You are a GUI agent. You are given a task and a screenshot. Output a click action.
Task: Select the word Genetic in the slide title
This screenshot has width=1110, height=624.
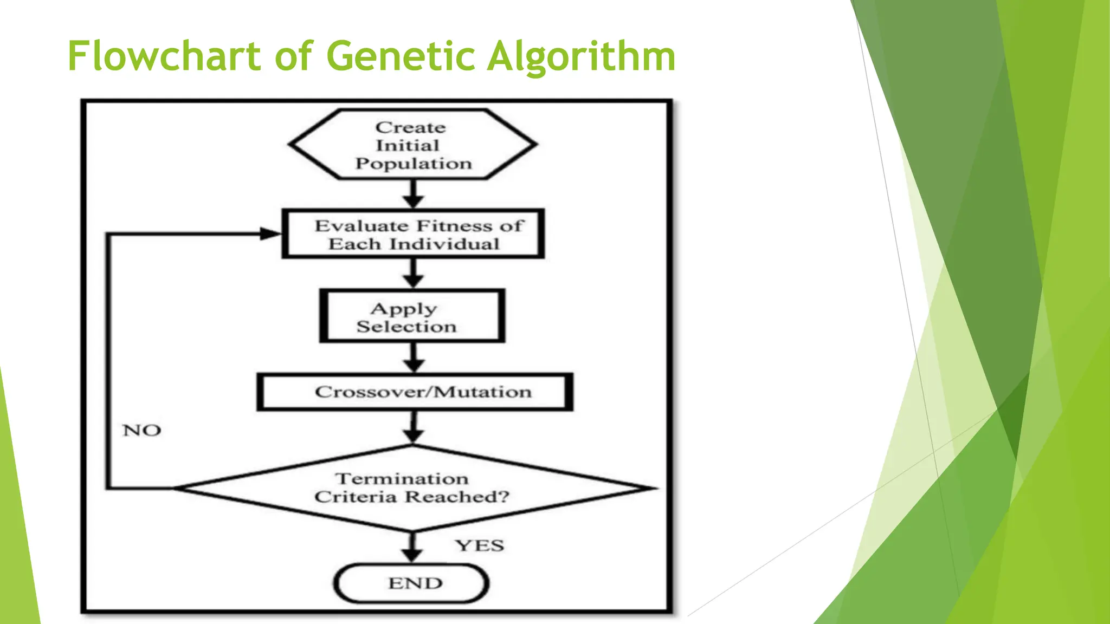[x=400, y=56]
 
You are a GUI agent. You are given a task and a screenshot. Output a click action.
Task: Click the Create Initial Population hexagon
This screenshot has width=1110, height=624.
[x=413, y=145]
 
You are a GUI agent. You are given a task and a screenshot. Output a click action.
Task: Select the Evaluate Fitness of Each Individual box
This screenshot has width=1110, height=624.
[x=413, y=234]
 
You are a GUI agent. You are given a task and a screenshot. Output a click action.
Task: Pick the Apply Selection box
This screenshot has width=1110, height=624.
[x=412, y=317]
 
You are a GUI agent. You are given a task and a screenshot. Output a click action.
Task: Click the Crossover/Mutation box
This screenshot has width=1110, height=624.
[x=415, y=392]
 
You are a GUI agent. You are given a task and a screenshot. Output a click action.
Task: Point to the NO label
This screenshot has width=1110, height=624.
[x=142, y=430]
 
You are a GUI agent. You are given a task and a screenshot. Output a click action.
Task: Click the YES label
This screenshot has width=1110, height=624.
[x=480, y=545]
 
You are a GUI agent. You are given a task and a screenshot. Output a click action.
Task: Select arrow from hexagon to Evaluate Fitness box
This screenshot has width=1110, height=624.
[x=414, y=194]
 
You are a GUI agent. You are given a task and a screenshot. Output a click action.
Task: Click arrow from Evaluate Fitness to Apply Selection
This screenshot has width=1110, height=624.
[x=414, y=273]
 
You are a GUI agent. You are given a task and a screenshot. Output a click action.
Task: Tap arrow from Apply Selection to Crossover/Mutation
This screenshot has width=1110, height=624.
[x=414, y=357]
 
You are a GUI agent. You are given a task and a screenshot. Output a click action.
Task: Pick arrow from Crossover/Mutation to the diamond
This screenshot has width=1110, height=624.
[x=414, y=427]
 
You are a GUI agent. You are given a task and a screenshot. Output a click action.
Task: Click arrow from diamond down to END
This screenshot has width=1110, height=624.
[x=412, y=547]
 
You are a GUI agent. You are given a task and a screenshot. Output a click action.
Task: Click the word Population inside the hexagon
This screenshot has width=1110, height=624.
[x=414, y=164]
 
